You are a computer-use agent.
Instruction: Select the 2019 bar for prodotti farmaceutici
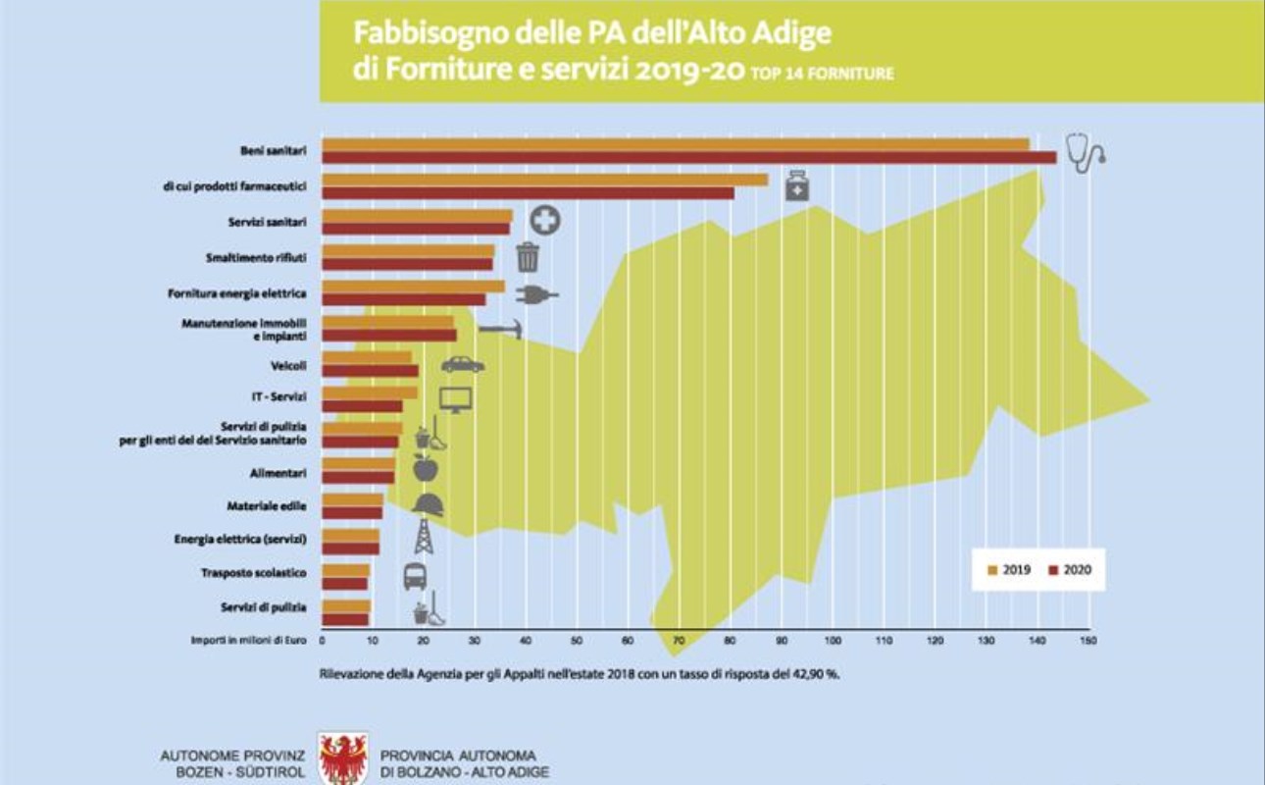click(x=545, y=180)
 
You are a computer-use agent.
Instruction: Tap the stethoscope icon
click(x=1085, y=154)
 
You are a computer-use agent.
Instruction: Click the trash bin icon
click(x=528, y=256)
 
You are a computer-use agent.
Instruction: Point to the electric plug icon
click(x=535, y=293)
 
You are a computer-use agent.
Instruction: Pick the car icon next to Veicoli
click(x=462, y=364)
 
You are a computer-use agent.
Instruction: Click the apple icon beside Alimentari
click(x=425, y=468)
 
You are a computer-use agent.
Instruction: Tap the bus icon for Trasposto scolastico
click(x=415, y=576)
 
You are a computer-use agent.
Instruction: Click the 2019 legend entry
click(x=1009, y=569)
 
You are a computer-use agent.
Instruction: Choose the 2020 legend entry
click(x=1069, y=569)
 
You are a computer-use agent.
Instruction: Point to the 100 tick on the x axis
click(x=834, y=641)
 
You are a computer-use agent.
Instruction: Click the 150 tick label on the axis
click(x=1087, y=641)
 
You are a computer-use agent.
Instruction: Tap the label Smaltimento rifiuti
click(x=257, y=257)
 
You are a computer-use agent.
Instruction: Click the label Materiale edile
click(x=267, y=505)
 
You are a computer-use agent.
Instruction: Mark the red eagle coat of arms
click(x=343, y=759)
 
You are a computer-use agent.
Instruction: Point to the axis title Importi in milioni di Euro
click(x=249, y=641)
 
